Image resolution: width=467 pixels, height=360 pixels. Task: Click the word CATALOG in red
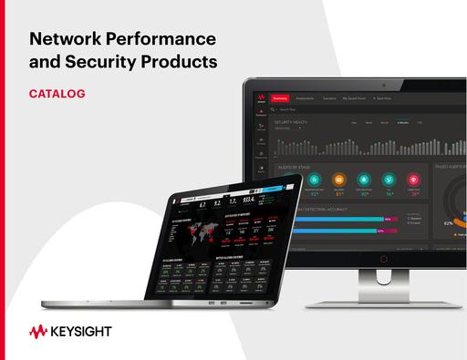[x=57, y=93]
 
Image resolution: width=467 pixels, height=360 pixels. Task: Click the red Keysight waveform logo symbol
[x=40, y=331]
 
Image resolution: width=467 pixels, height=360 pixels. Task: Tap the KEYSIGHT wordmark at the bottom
[x=82, y=332]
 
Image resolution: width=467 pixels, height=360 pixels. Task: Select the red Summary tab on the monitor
[x=280, y=98]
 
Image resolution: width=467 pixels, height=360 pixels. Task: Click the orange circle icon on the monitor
[x=339, y=180]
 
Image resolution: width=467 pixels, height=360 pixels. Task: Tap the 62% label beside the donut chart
[x=448, y=221]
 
